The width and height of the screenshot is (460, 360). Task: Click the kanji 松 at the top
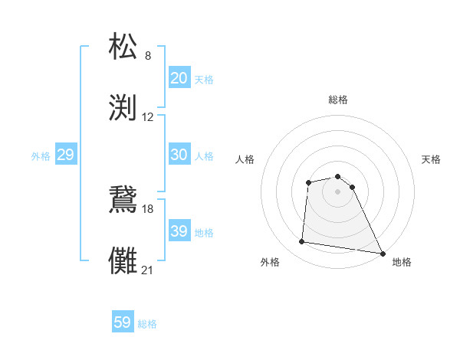[x=124, y=46]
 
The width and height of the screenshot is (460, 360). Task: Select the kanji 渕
[x=124, y=106]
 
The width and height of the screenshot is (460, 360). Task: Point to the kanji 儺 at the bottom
[x=124, y=259]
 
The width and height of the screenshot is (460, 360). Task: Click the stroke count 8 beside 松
[x=148, y=56]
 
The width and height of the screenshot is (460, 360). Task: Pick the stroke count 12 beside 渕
[x=148, y=117]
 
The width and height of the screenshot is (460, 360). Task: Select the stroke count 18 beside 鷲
[x=148, y=208]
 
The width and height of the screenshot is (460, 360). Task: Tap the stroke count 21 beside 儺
[x=148, y=270]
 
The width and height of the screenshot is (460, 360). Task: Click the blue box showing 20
[x=179, y=78]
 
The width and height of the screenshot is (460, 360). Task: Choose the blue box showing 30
[x=179, y=155]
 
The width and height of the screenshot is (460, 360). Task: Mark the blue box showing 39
[x=179, y=231]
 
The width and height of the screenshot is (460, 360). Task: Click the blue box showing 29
[x=65, y=155]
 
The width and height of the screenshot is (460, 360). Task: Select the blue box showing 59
[x=123, y=322]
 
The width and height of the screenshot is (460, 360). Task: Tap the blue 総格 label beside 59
[x=147, y=324]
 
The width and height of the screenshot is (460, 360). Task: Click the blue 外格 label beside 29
[x=41, y=156]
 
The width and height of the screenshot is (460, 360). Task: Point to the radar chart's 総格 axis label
[x=337, y=100]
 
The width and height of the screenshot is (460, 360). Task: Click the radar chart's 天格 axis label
[x=431, y=159]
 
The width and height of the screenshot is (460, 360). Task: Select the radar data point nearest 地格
[x=383, y=253]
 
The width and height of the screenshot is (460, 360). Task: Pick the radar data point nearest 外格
[x=302, y=242]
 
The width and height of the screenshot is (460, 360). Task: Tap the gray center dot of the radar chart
[x=337, y=191]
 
